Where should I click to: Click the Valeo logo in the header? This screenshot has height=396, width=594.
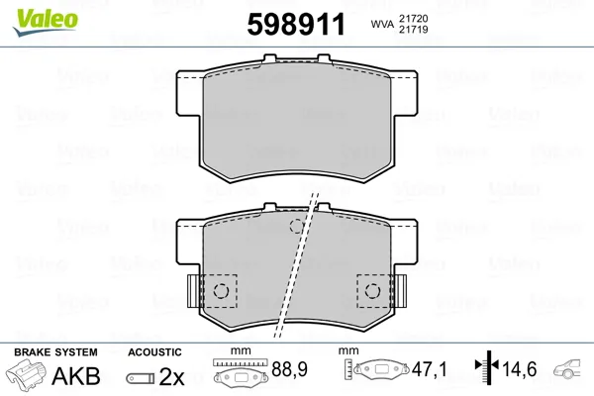click(x=46, y=22)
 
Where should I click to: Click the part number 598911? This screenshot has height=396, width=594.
click(x=296, y=24)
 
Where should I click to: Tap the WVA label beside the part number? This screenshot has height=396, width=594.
click(x=382, y=24)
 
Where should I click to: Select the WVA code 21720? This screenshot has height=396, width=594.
click(x=413, y=19)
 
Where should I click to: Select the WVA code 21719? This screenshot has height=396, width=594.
click(x=413, y=29)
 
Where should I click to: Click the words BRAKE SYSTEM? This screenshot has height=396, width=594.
click(x=55, y=352)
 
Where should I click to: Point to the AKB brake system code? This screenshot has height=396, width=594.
click(x=76, y=376)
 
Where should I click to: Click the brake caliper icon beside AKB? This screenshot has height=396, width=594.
click(x=26, y=372)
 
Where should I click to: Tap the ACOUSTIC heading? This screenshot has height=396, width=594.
click(x=154, y=352)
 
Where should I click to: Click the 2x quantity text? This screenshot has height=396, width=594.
click(x=171, y=376)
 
